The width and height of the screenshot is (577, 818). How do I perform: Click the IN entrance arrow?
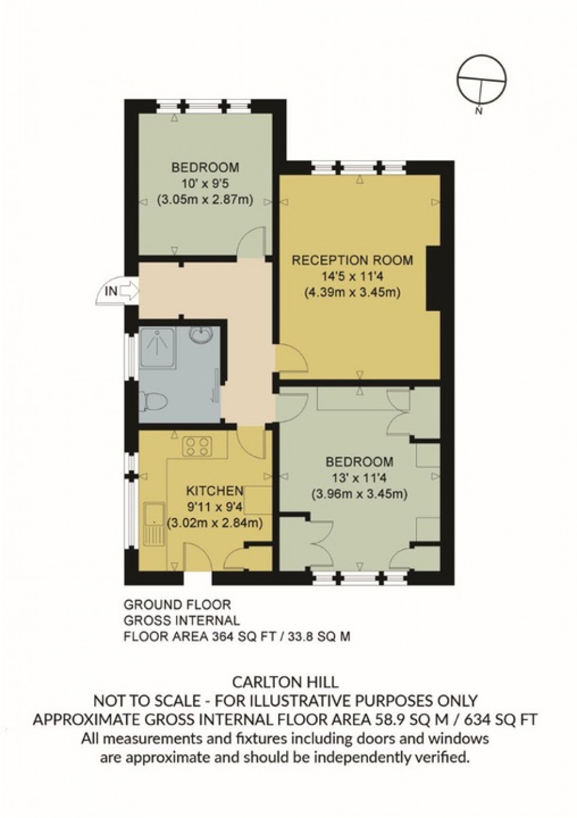pos(121,291)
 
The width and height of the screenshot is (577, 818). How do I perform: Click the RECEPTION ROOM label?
pos(353,260)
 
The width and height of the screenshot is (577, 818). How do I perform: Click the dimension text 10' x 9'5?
pos(205,183)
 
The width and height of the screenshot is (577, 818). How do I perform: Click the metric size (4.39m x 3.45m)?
pos(353,292)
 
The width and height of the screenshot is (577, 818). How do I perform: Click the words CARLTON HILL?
pos(286,682)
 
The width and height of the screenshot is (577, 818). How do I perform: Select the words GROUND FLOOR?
pos(177,605)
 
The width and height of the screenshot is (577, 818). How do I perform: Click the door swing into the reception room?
pos(288,361)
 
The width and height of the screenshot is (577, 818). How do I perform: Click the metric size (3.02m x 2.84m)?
pos(215,522)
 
